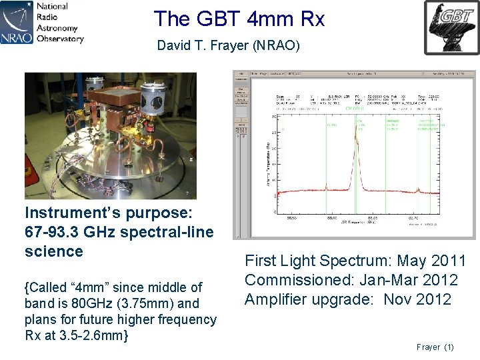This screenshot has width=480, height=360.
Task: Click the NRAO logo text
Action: [17, 34]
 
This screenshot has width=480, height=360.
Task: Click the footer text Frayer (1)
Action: [435, 347]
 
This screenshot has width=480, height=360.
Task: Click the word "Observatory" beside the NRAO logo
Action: [60, 38]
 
